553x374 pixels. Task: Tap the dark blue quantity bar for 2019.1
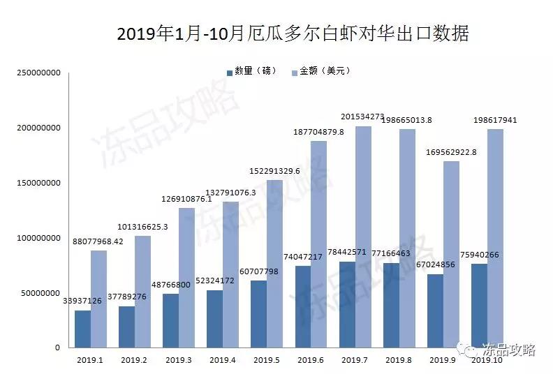pos(82,329)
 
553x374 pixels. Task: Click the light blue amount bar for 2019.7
pos(364,237)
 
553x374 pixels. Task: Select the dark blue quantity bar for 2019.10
pos(480,306)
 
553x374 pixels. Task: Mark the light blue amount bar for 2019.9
pos(451,255)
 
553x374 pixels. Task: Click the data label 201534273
pos(362,117)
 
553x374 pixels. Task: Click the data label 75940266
pos(489,255)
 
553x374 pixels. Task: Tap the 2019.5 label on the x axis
pos(266,360)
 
